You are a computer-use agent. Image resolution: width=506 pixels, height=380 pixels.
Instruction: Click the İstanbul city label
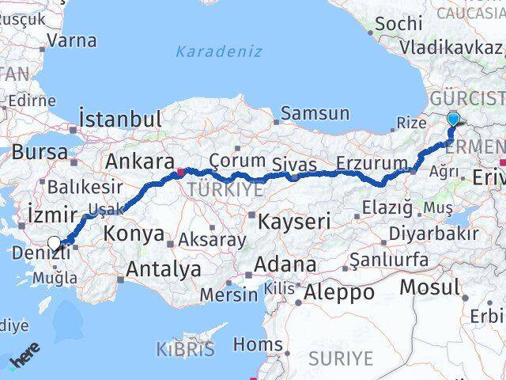[x=120, y=120]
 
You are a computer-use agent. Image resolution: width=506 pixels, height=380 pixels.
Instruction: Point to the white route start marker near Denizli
[x=54, y=244]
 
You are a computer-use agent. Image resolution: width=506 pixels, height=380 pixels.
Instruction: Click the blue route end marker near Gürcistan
[x=453, y=120]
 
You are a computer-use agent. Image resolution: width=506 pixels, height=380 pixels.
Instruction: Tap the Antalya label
[x=164, y=269]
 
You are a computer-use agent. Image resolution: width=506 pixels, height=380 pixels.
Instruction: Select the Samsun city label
[x=314, y=113]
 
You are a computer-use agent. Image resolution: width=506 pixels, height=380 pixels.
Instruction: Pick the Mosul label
[x=429, y=286]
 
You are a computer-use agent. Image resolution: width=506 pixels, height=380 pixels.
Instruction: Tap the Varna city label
[x=72, y=40]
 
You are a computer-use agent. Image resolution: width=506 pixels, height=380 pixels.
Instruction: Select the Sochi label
[x=399, y=24]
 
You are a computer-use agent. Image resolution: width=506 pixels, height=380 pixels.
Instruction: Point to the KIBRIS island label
[x=184, y=348]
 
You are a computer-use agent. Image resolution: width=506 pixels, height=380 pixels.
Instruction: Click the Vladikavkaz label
[x=451, y=47]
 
